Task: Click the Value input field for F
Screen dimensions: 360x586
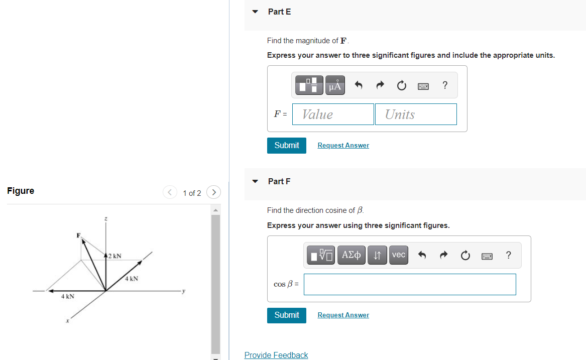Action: pyautogui.click(x=333, y=114)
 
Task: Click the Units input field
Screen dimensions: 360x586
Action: pyautogui.click(x=416, y=114)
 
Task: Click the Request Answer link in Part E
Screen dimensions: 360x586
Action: pyautogui.click(x=343, y=146)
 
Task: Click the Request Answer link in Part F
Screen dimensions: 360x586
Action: pyautogui.click(x=343, y=315)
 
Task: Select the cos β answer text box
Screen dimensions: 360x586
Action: pyautogui.click(x=410, y=284)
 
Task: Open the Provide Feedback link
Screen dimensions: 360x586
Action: pyautogui.click(x=276, y=355)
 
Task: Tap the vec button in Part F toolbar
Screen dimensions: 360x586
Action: pyautogui.click(x=398, y=255)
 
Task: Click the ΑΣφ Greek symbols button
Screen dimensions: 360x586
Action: pyautogui.click(x=351, y=255)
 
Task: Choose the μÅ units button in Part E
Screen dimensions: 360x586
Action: pyautogui.click(x=335, y=86)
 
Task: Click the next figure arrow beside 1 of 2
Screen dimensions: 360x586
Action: pyautogui.click(x=213, y=192)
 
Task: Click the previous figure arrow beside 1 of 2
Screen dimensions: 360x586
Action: pyautogui.click(x=170, y=192)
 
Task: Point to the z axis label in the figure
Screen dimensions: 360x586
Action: pyautogui.click(x=105, y=218)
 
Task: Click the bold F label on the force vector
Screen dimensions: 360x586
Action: pyautogui.click(x=78, y=235)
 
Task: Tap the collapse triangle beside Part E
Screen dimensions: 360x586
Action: pyautogui.click(x=255, y=12)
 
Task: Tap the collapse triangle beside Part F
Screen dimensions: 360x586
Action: pyautogui.click(x=255, y=181)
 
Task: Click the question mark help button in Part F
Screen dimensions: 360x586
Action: pyautogui.click(x=509, y=255)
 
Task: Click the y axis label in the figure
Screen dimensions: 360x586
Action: pyautogui.click(x=184, y=290)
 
